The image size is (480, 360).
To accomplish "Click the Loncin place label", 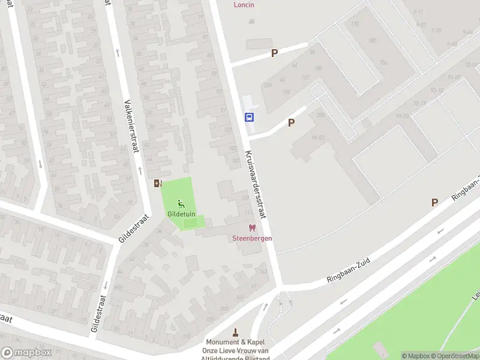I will (x=244, y=5).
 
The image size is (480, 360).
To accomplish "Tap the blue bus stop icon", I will (x=249, y=117).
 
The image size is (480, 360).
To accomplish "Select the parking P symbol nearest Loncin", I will (x=274, y=53).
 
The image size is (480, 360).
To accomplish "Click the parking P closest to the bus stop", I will (x=292, y=122).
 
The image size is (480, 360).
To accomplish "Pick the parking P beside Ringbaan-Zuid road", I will (x=434, y=203).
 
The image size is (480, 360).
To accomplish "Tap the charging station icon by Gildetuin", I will (x=158, y=184).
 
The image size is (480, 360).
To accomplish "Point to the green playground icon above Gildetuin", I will (x=181, y=204).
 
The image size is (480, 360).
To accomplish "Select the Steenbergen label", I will (x=253, y=238).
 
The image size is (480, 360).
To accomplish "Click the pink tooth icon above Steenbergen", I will (x=252, y=228).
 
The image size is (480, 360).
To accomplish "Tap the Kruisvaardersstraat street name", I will (x=256, y=179).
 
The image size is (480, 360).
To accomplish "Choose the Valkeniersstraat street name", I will (x=131, y=126).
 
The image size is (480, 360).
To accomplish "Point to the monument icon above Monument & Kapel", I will (x=236, y=332).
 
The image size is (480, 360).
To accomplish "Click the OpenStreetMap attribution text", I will (x=454, y=356).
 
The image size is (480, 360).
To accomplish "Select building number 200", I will (x=320, y=115).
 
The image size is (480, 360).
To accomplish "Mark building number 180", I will (x=371, y=41).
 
